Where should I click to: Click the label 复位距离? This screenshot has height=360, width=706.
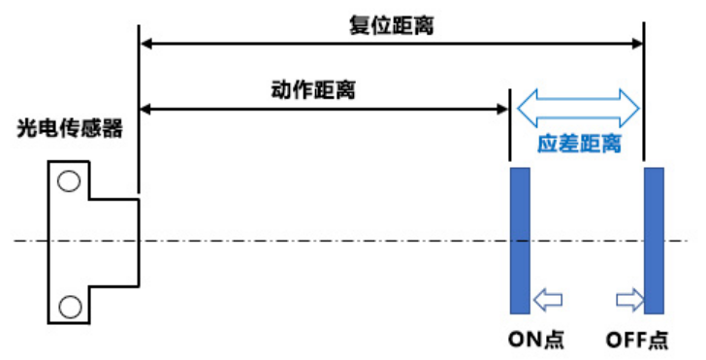pos(391,25)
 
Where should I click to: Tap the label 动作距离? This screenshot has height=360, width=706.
pos(313,89)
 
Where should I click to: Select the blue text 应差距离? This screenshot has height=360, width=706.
pos(579,144)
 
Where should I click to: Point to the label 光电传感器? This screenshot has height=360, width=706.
pos(70,128)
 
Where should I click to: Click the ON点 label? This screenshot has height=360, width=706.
pos(535,340)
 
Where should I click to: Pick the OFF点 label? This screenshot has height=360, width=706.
pos(636,340)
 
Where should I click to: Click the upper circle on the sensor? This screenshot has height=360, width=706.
pos(69,181)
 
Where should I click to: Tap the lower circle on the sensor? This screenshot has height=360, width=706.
pos(70,307)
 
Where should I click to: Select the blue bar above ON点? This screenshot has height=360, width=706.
pos(520,241)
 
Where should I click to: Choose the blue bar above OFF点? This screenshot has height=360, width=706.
pos(654,241)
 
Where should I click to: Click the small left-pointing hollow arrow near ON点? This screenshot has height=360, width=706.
pos(548,300)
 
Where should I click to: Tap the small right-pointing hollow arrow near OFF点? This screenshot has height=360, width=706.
pos(630,300)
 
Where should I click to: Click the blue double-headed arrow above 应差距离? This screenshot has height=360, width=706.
pos(578,108)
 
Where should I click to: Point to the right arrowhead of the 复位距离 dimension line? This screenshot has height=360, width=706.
pos(638,44)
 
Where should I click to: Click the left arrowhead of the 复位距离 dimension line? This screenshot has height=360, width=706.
pos(145,44)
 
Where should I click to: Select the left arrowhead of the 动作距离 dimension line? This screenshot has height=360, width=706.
pos(145,109)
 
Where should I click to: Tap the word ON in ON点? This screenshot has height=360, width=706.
pos(525,340)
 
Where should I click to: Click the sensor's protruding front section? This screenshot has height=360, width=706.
pos(113,242)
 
